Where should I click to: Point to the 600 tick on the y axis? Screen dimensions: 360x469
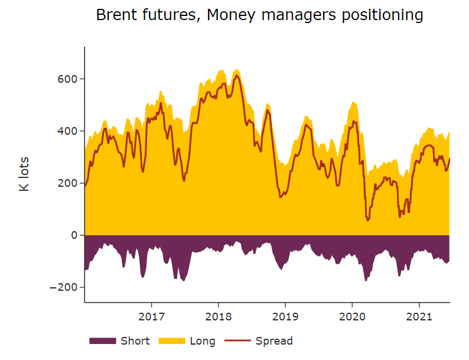[x=71, y=79]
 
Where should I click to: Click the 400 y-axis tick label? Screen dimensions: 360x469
[x=71, y=131]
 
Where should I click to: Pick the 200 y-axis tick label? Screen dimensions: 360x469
[x=71, y=183]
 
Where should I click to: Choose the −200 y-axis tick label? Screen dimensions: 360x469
[x=68, y=287]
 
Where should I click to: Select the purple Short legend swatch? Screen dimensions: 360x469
[x=103, y=341]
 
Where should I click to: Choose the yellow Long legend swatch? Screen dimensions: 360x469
[x=171, y=341]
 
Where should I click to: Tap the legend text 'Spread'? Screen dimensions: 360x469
[x=274, y=341]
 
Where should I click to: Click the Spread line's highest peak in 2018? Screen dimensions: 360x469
[x=237, y=76]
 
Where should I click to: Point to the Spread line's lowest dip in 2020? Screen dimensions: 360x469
[x=368, y=220]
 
